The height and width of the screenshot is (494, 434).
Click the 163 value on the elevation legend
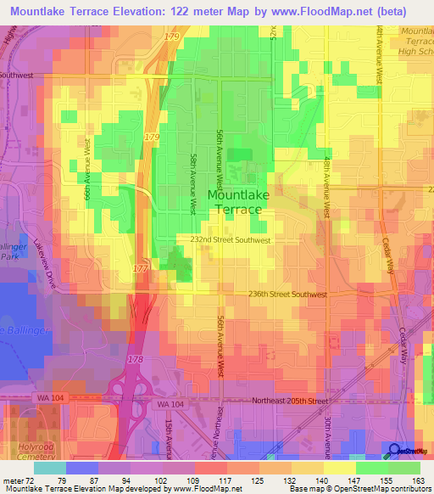point(416,480)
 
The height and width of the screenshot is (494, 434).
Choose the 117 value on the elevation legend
point(211,480)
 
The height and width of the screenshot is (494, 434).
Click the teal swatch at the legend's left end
point(49,468)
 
